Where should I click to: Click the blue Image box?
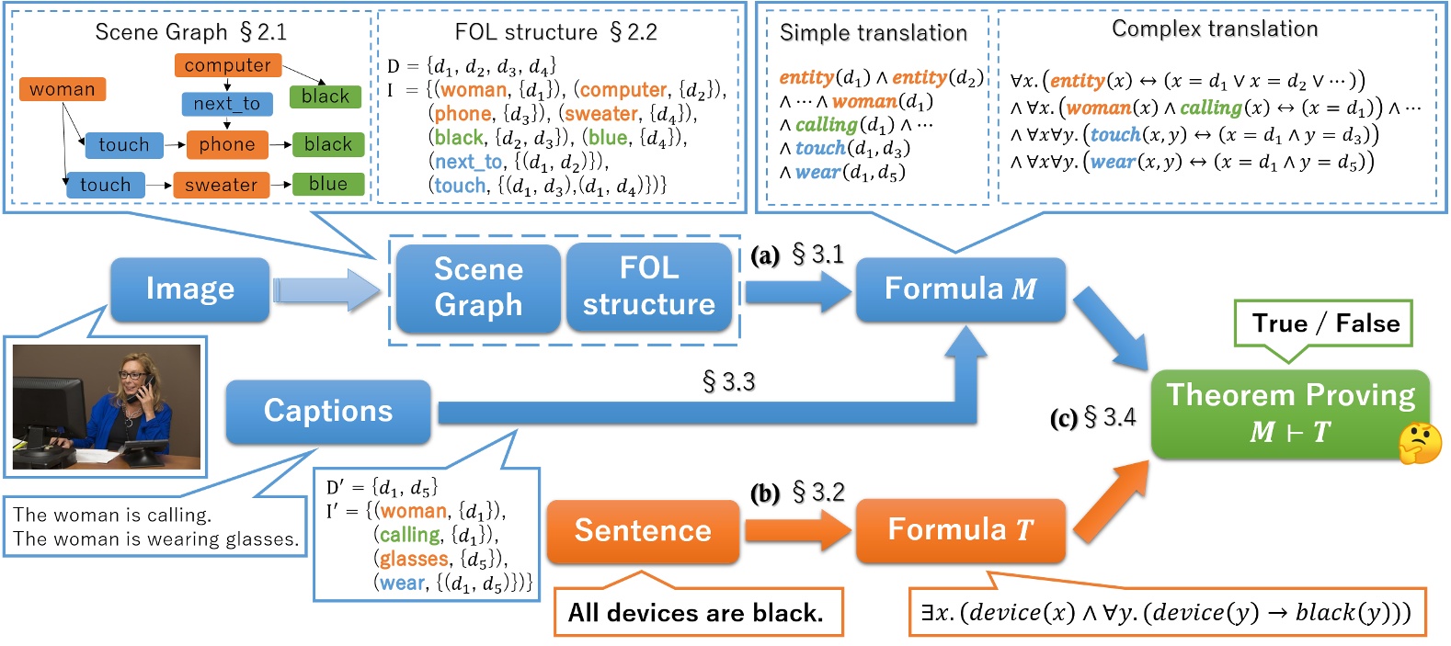189,289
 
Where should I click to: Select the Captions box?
328,411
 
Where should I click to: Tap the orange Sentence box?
643,531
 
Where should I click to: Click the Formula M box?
960,289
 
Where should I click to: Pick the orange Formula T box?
960,530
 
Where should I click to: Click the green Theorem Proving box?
1289,414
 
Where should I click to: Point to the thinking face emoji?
1419,442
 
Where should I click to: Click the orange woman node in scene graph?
62,89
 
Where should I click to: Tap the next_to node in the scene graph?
227,104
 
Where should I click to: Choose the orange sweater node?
221,185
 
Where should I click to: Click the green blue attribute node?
328,185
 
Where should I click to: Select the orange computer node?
227,65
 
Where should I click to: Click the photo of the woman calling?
106,407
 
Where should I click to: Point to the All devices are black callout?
696,613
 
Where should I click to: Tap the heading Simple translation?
873,33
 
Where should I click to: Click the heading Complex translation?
1214,29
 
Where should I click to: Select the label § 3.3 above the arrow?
728,381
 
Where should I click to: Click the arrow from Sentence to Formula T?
796,530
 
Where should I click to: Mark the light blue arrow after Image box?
326,290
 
